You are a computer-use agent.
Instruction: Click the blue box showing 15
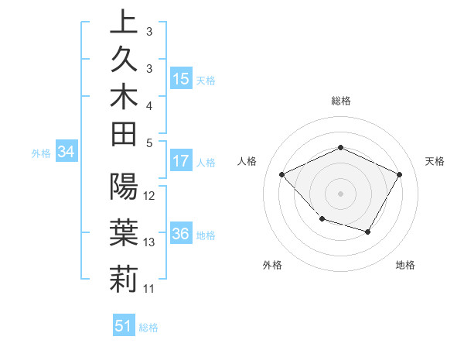(181, 79)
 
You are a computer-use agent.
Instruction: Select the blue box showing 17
(181, 162)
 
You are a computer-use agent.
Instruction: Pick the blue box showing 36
(181, 235)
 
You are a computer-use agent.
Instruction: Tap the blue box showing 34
(67, 153)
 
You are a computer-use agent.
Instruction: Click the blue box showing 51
(123, 326)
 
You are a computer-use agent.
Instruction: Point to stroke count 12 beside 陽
(150, 195)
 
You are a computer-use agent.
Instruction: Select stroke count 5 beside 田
(149, 143)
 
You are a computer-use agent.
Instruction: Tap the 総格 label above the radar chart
(341, 101)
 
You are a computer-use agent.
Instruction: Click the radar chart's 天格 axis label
(435, 161)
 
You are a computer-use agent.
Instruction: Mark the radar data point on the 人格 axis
(282, 175)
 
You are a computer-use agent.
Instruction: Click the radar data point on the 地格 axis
(368, 232)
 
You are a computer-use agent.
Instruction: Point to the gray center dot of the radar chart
(340, 193)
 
